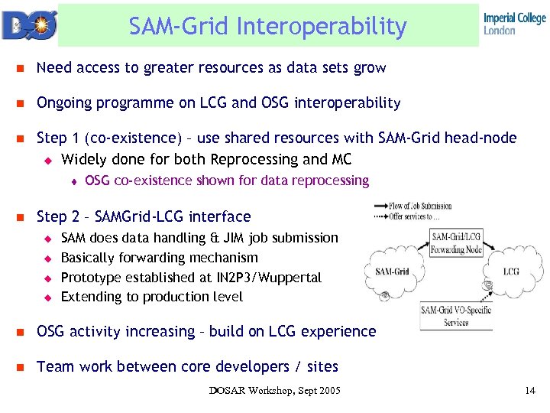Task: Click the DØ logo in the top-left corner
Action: point(28,24)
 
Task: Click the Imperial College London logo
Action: point(514,24)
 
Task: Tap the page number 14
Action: point(530,392)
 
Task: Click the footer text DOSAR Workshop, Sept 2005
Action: point(275,392)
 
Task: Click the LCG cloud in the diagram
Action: point(510,272)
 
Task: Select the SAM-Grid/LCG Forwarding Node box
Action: point(455,242)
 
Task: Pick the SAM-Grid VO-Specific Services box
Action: point(455,315)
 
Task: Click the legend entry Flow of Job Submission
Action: point(420,206)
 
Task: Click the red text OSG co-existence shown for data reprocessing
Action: point(227,181)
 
